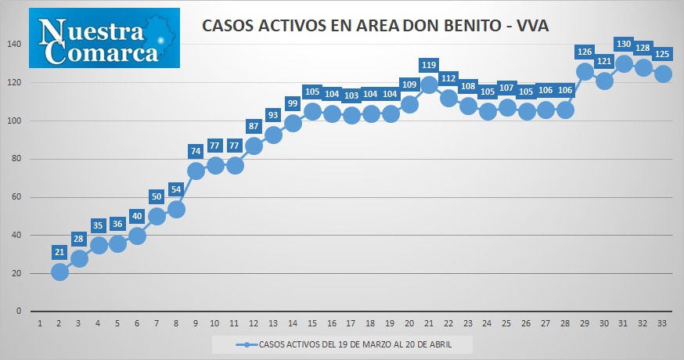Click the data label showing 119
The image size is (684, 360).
coord(429,65)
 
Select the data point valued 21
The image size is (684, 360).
coord(59,272)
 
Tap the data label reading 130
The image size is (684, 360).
coord(624,44)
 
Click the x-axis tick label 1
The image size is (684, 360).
coord(40,324)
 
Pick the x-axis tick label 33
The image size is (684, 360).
coord(662,324)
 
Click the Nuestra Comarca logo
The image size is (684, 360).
coord(104,38)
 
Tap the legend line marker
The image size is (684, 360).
coord(247,344)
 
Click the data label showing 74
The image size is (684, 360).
coord(196,151)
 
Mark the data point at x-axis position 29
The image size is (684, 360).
coord(585,71)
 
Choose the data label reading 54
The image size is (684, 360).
coord(176,189)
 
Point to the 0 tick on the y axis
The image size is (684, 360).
coord(19,311)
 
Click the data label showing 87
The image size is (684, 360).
coord(254,126)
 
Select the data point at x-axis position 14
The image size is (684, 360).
coord(292,124)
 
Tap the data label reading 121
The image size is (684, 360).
coord(604,61)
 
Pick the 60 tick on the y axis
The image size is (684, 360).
coord(16,196)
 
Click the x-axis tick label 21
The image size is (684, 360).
coord(428,324)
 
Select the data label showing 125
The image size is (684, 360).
coord(662,54)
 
